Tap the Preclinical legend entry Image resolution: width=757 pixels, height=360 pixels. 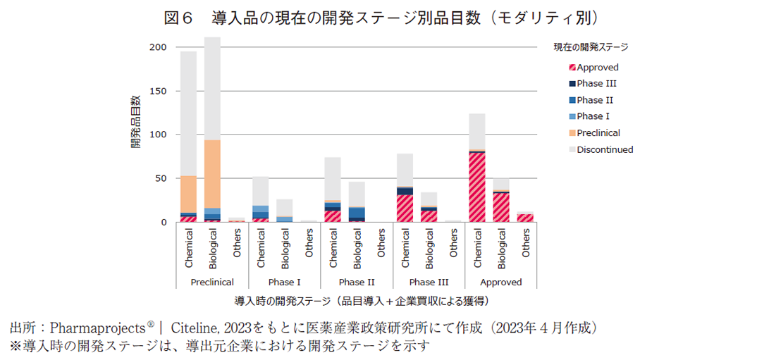pos(598,133)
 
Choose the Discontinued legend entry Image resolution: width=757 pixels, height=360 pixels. pos(604,149)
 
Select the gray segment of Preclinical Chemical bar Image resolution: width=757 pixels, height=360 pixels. pos(188,113)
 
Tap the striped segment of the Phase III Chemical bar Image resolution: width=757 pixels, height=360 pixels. pos(405,209)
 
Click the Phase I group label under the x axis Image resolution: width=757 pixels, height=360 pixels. pos(284,282)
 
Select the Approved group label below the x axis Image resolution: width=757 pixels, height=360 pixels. pos(501,282)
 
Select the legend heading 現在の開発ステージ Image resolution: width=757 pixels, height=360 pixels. pos(591,47)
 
